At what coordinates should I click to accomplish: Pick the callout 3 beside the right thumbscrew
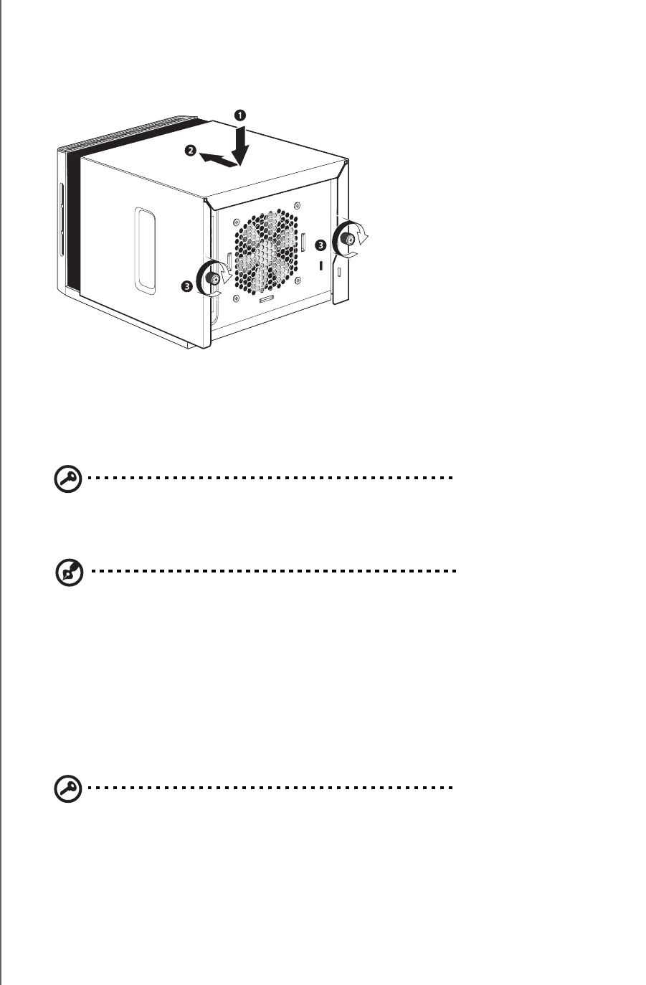pos(321,245)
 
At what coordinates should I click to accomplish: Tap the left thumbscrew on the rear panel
pos(213,278)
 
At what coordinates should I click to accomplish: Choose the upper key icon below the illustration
pos(67,480)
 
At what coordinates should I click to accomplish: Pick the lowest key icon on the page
pos(67,790)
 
